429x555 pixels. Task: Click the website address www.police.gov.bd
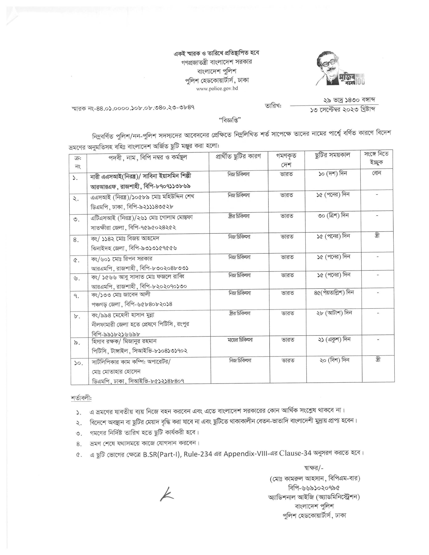(217, 89)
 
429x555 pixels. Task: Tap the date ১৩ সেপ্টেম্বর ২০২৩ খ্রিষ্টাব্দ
(342, 110)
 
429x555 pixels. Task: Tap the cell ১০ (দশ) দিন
(332, 174)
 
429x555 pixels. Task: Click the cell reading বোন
(376, 173)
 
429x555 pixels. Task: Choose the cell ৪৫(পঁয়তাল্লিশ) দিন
(334, 293)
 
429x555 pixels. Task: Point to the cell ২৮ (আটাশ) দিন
(334, 313)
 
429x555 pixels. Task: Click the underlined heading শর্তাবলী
(81, 398)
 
